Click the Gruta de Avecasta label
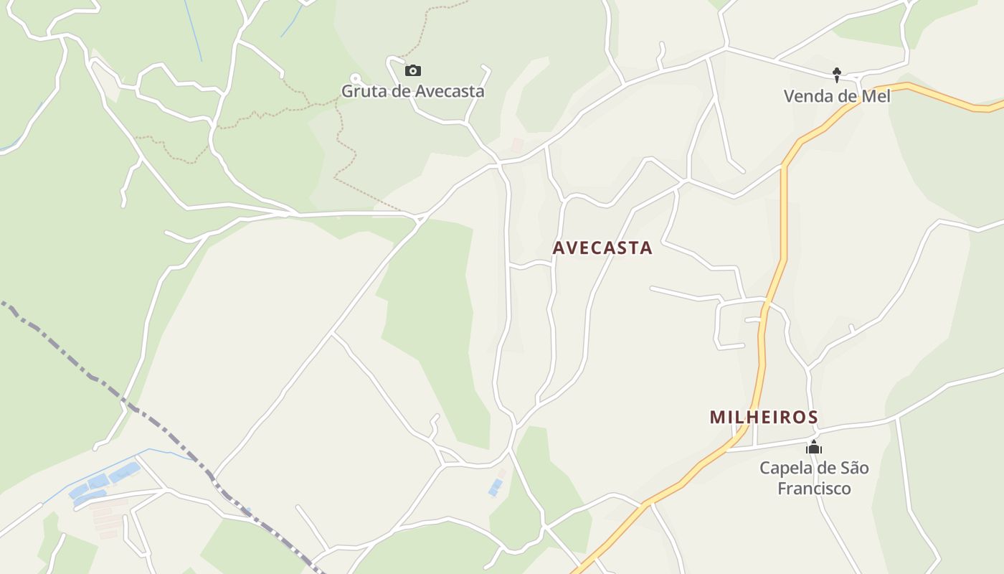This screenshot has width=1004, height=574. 412,92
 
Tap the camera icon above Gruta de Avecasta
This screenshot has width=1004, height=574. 412,70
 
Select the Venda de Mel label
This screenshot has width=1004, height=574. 836,96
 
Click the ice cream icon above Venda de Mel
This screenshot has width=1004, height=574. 836,74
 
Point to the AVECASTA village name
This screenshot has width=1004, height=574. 602,248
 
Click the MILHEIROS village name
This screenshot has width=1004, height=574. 764,417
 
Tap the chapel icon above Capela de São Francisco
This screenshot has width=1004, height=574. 813,447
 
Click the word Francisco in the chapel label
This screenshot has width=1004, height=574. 814,489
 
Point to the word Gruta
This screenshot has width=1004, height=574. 360,92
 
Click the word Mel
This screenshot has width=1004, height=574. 876,96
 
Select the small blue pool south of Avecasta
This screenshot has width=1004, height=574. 496,487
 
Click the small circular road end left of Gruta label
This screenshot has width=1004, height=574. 354,77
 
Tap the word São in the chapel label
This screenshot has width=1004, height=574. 853,469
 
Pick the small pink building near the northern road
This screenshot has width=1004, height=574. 516,145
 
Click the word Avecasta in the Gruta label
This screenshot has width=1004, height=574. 448,92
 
